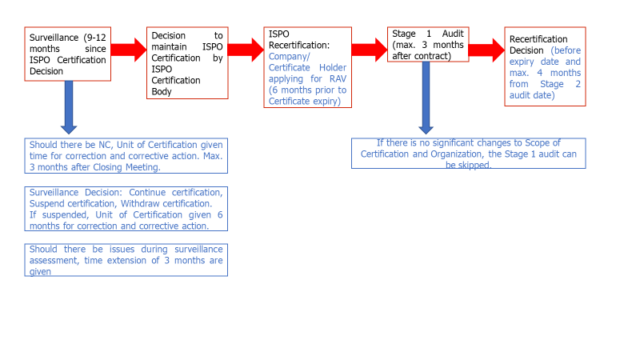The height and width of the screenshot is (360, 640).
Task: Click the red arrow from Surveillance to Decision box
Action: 129,50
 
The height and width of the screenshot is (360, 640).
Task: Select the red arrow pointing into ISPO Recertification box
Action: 246,50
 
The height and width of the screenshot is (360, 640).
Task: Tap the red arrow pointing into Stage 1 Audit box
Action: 370,50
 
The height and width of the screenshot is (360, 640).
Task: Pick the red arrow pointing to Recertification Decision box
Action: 486,50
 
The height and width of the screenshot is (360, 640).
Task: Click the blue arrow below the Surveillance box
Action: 69,107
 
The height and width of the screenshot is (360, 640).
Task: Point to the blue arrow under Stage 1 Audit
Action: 426,98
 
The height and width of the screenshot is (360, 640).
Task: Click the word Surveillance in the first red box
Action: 54,38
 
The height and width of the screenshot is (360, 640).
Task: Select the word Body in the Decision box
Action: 162,91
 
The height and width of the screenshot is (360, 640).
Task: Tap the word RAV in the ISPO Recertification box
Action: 338,78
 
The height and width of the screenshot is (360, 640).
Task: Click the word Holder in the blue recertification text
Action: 333,67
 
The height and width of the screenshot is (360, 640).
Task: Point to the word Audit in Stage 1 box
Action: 453,34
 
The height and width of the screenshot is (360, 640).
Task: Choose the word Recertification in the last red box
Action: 538,39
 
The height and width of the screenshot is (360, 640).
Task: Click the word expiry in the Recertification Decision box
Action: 522,62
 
